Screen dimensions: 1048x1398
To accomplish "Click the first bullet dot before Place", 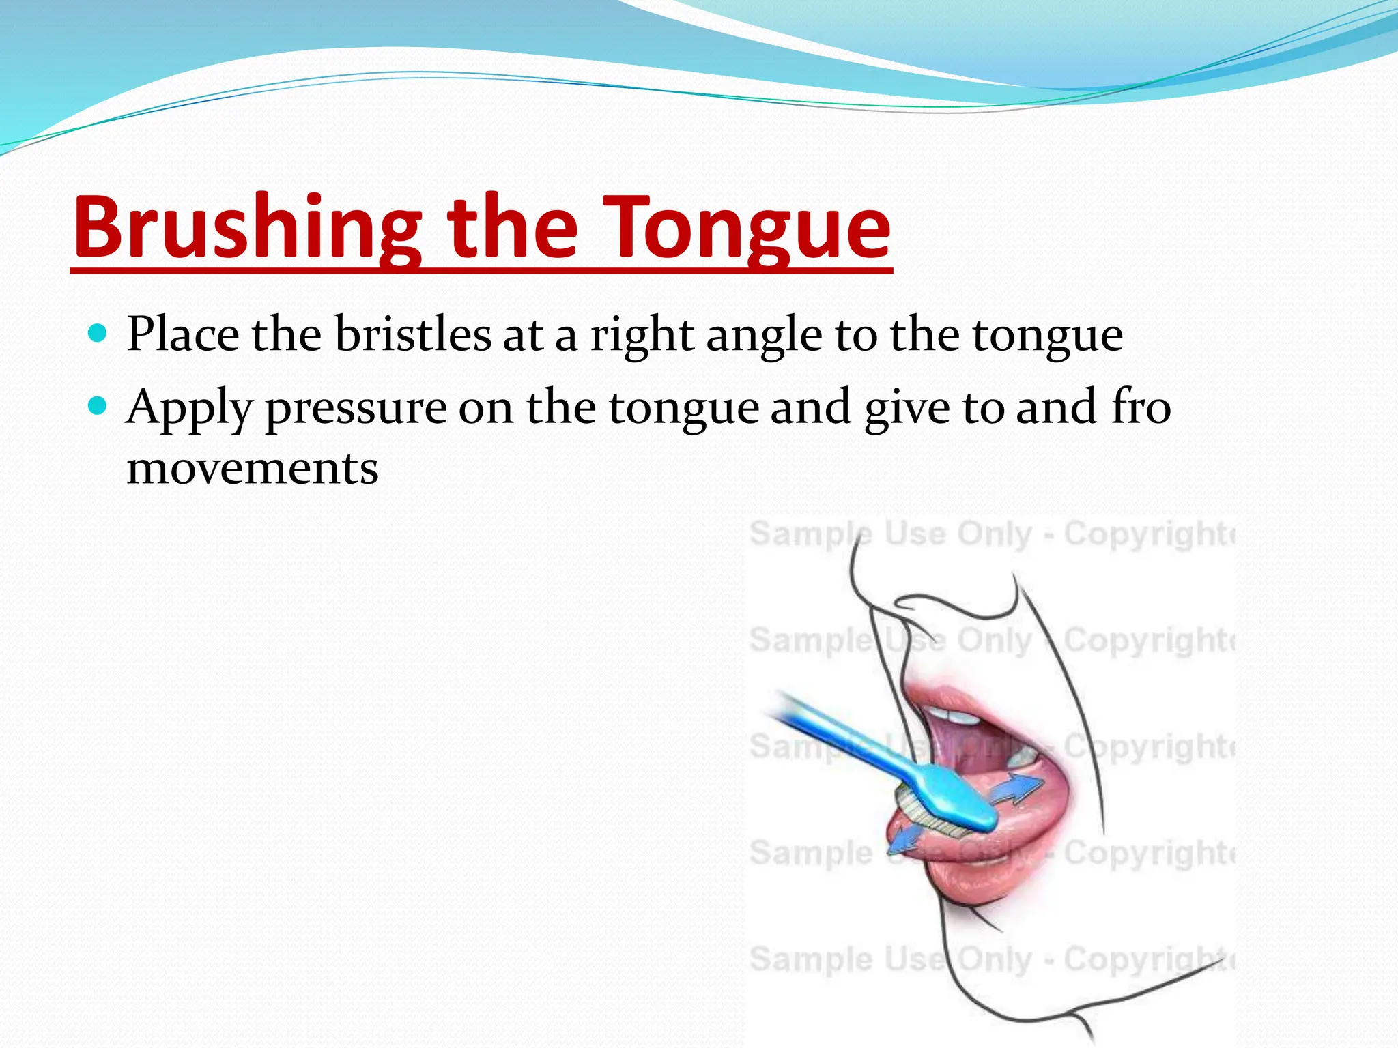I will click(98, 334).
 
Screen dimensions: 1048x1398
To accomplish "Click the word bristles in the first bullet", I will click(413, 334).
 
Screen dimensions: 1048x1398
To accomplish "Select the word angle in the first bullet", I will click(763, 336).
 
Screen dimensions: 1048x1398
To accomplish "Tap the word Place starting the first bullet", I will click(183, 334).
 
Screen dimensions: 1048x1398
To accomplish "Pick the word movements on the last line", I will click(253, 469).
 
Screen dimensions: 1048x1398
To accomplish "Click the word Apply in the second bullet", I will click(189, 408).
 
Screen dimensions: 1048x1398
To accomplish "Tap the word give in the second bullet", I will click(907, 408).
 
